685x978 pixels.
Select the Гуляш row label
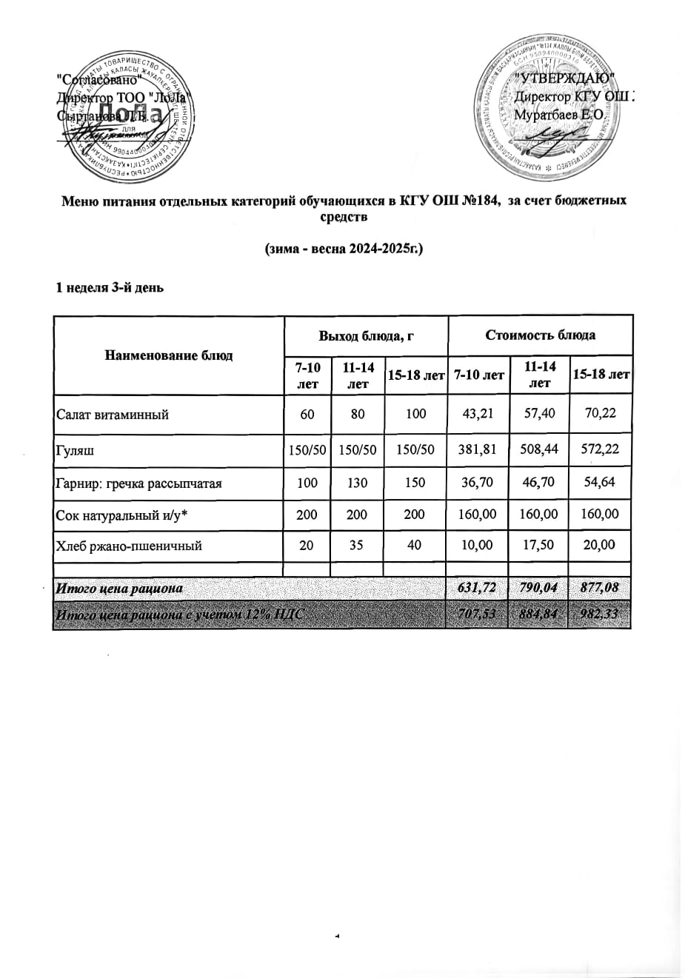point(76,449)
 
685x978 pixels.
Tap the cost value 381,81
point(478,449)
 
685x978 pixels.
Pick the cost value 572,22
point(600,449)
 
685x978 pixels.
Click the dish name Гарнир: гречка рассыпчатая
point(139,483)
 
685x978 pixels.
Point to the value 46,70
point(539,482)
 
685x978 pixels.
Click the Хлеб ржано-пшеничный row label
point(129,546)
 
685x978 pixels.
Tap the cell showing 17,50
point(539,545)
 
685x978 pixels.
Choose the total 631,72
point(478,589)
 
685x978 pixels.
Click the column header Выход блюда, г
point(366,335)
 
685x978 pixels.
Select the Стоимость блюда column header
point(540,335)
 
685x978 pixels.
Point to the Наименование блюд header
point(169,355)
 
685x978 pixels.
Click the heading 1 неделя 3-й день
point(110,287)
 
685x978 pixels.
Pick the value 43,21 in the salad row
point(478,414)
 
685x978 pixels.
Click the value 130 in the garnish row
point(358,483)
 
